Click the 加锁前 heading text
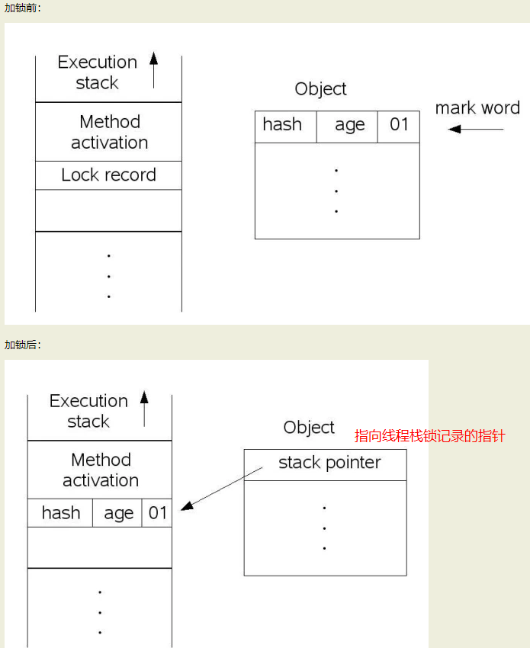click(x=22, y=8)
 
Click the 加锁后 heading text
click(x=22, y=345)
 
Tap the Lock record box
click(x=109, y=175)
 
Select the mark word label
click(x=477, y=107)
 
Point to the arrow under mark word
click(x=476, y=130)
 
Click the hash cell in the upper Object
click(x=286, y=127)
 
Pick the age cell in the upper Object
click(x=347, y=127)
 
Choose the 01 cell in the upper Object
click(x=399, y=127)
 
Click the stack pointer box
click(x=326, y=465)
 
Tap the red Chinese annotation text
click(x=430, y=436)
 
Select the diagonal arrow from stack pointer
click(x=222, y=489)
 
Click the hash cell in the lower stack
click(x=60, y=513)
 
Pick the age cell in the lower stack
click(x=117, y=513)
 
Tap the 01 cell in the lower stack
click(x=157, y=513)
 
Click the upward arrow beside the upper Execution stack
click(x=154, y=70)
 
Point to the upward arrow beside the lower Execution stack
click(x=144, y=409)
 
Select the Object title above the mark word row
click(x=320, y=89)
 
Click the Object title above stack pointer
click(x=309, y=428)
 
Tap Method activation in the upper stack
click(x=110, y=132)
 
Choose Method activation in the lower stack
click(x=101, y=470)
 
